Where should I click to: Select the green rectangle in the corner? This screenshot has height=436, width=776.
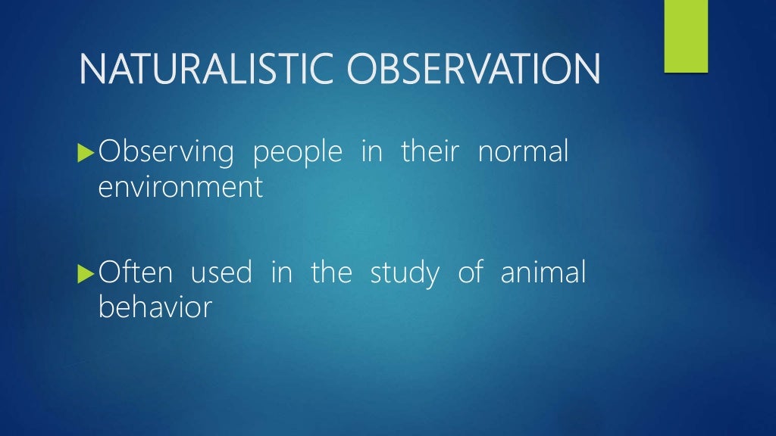point(685,36)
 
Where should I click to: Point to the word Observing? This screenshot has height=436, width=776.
point(166,153)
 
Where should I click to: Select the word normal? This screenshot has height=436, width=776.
point(523,152)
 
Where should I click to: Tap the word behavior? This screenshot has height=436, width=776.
point(155,307)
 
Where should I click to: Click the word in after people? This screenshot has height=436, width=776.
point(371,152)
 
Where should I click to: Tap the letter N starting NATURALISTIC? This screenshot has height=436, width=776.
point(91,69)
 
